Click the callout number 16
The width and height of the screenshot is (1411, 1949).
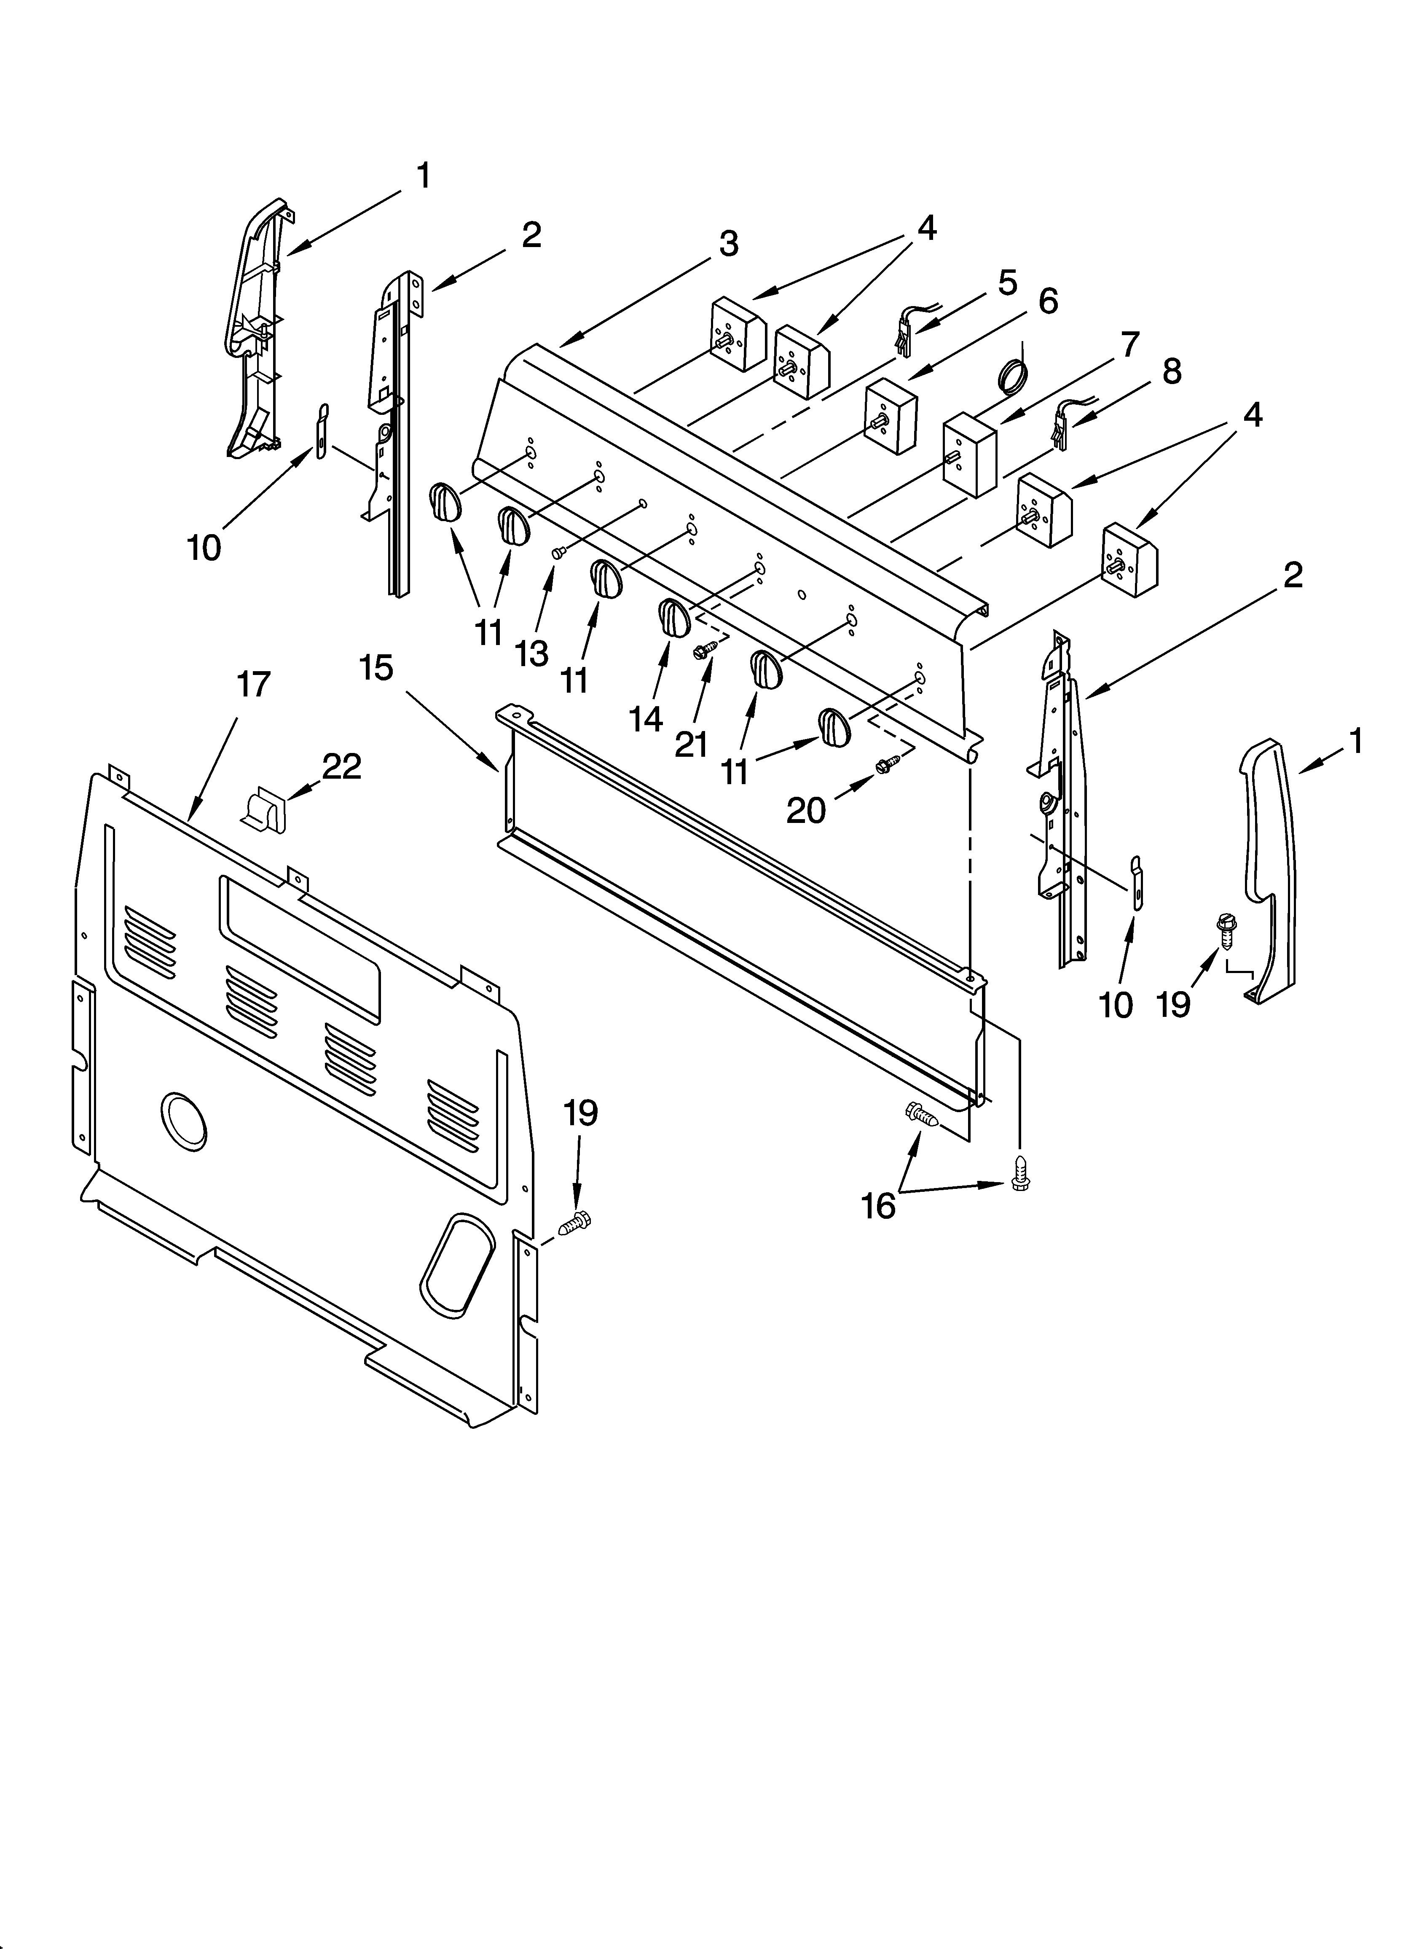pyautogui.click(x=878, y=1206)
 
